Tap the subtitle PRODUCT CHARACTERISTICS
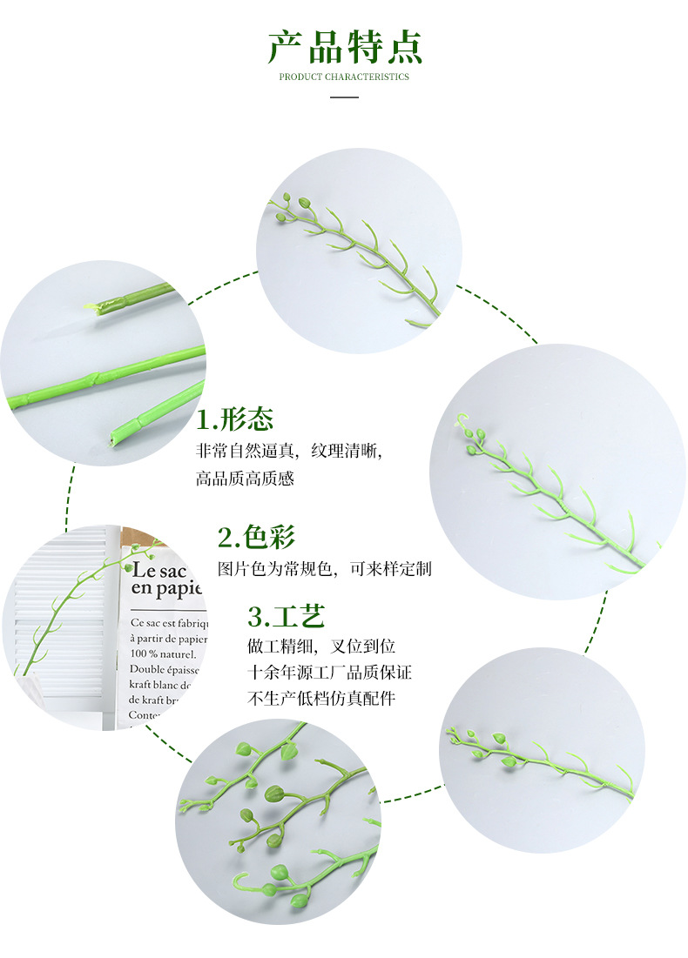point(344,77)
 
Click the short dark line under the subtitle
point(345,97)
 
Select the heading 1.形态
point(235,419)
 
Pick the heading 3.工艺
point(287,617)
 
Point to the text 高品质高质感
point(245,479)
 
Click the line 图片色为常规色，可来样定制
point(324,569)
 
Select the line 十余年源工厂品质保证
point(330,673)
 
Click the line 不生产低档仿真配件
point(321,699)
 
